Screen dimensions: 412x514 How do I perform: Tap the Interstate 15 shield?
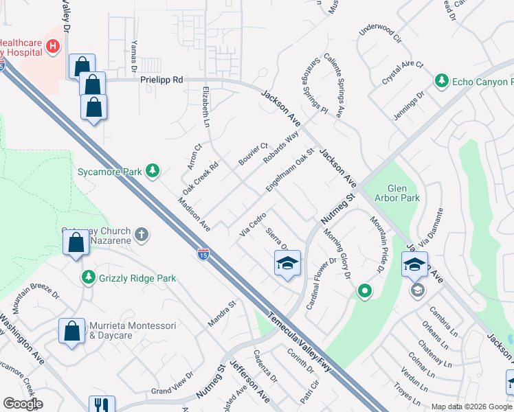pos(203,255)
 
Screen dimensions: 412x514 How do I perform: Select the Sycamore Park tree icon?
pos(153,171)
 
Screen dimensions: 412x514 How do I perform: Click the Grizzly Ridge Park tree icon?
pos(88,277)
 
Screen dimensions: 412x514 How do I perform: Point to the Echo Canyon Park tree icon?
pos(442,82)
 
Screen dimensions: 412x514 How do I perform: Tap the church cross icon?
pos(142,235)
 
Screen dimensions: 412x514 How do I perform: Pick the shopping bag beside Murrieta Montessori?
pos(72,331)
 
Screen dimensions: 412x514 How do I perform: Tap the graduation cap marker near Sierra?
pos(287,263)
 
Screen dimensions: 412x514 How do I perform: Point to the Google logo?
pos(23,403)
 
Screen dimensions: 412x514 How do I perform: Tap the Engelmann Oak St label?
pos(289,171)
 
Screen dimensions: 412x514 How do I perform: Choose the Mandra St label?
pos(222,312)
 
